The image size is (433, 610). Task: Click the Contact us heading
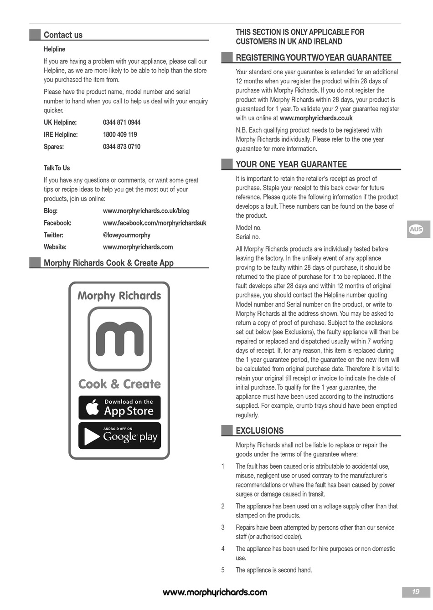click(x=63, y=35)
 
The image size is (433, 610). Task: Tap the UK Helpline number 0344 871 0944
click(x=122, y=123)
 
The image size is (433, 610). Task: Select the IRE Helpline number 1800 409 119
click(x=120, y=135)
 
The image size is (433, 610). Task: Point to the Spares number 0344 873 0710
click(x=122, y=147)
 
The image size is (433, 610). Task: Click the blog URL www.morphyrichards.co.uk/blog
click(x=146, y=211)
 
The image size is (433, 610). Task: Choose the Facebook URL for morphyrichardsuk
click(x=155, y=223)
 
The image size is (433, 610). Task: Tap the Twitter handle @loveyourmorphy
click(x=126, y=235)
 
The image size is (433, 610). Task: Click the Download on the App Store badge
click(x=119, y=408)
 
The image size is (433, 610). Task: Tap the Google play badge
click(x=119, y=436)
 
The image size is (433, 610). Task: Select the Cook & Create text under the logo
click(x=119, y=384)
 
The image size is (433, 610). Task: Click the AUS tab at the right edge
click(x=416, y=230)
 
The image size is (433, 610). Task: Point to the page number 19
click(x=415, y=592)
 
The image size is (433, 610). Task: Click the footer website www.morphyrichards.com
click(x=215, y=592)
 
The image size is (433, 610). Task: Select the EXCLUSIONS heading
click(x=259, y=431)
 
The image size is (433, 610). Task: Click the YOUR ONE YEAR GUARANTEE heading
click(x=291, y=164)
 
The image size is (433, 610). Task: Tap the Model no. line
click(x=248, y=228)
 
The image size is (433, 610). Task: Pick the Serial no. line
click(x=247, y=237)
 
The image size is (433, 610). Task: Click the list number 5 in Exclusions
click(x=223, y=570)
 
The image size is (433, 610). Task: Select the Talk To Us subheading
click(x=57, y=168)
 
